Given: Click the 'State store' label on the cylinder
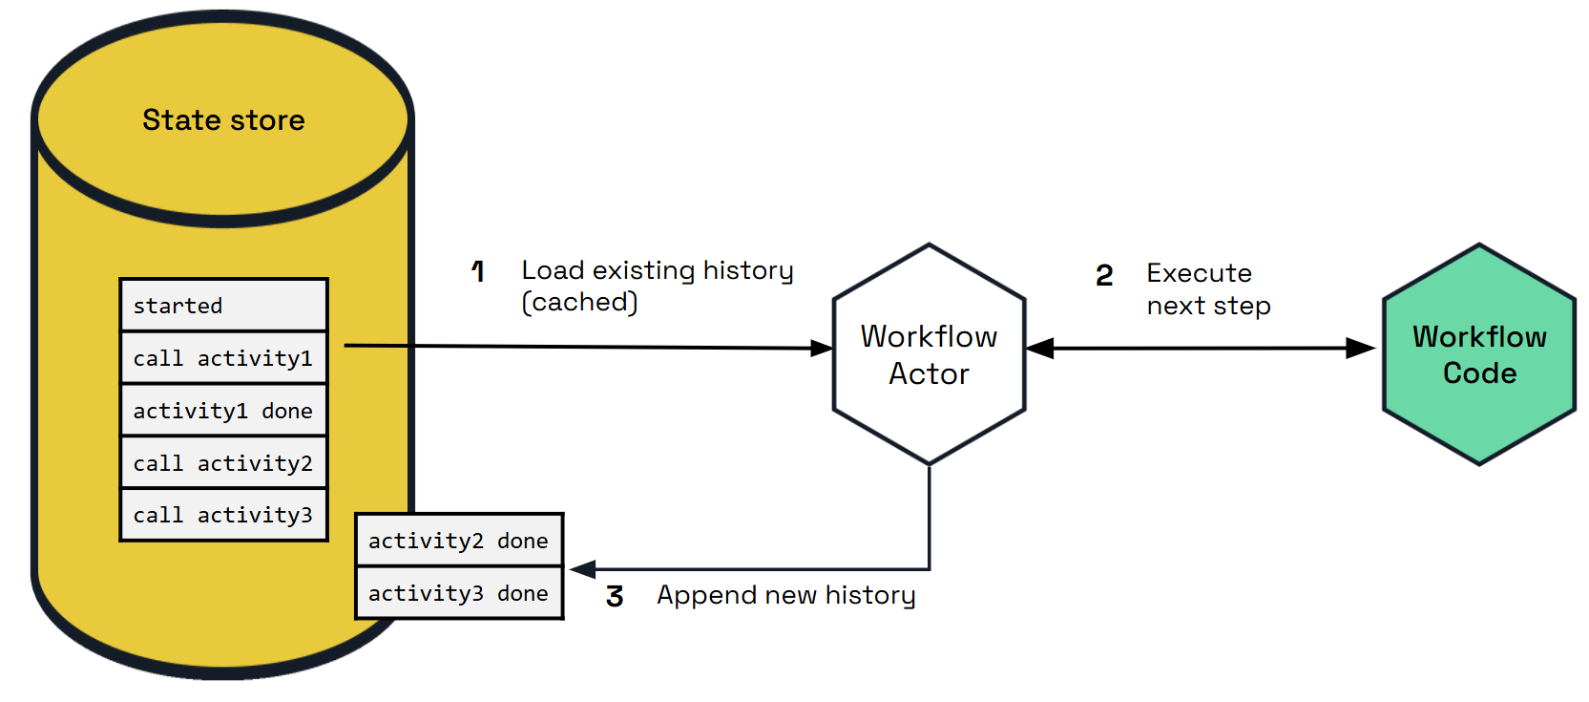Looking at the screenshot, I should (x=223, y=120).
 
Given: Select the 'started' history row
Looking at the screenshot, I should (x=223, y=306).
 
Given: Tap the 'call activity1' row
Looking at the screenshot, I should (x=223, y=358).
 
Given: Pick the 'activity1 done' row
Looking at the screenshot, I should (x=223, y=411).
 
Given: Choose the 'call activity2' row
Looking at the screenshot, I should (x=223, y=463).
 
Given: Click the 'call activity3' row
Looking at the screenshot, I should (x=223, y=515).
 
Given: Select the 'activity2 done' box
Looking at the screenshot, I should (x=459, y=541).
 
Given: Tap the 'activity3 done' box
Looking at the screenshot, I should (x=459, y=593).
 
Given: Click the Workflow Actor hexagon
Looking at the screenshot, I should (x=929, y=354).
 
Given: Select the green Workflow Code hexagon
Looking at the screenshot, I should (x=1478, y=354).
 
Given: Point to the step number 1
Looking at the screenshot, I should (x=478, y=272).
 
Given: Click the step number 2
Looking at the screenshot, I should (x=1104, y=276).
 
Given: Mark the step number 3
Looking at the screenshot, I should (x=615, y=597).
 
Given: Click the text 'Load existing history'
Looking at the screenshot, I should (x=657, y=270).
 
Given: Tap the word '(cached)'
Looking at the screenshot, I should (x=579, y=302).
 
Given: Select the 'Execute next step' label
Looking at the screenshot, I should (x=1207, y=289).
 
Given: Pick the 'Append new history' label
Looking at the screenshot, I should (x=785, y=595).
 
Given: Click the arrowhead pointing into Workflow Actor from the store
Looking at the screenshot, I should (x=822, y=349).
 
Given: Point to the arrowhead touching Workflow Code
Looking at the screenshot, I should (x=1361, y=349).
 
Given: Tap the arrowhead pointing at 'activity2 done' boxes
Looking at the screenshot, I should (x=583, y=569).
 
